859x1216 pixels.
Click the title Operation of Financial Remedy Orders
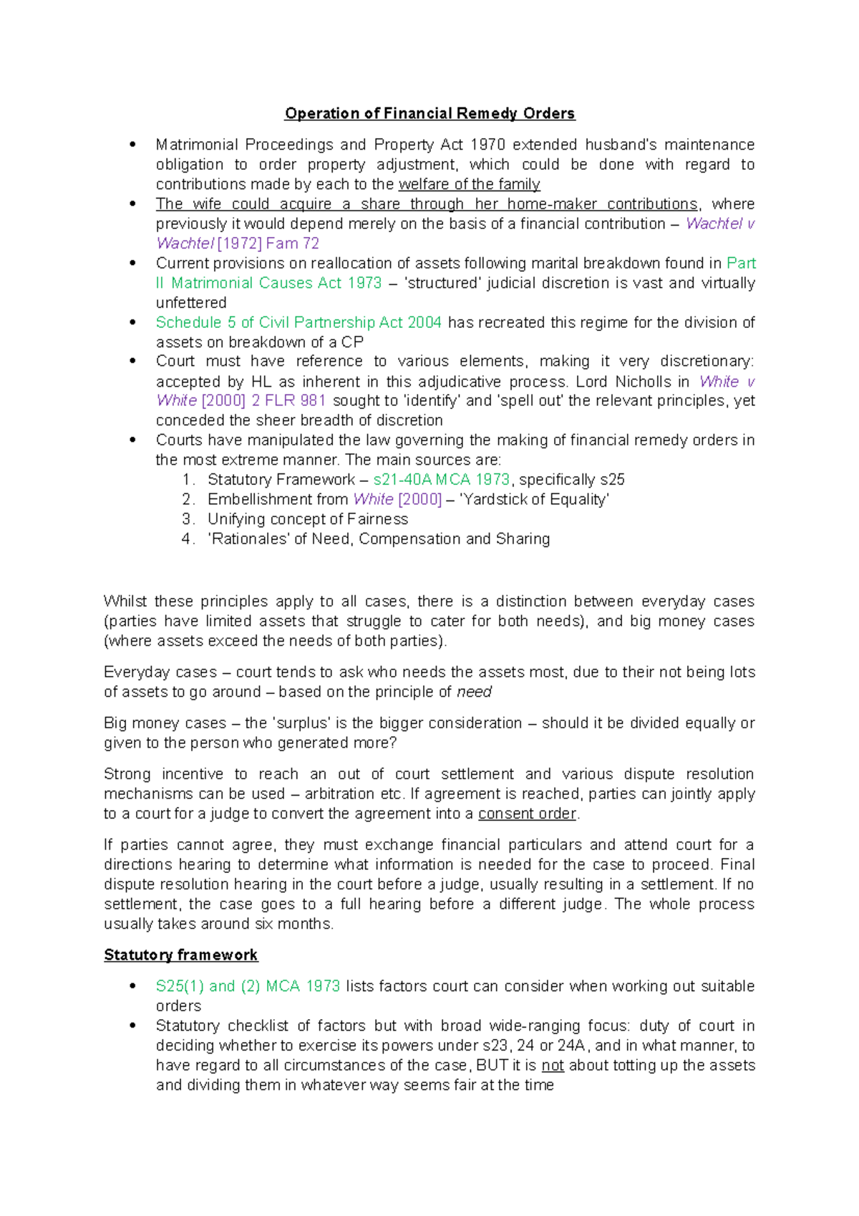(429, 114)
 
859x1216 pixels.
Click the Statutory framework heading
(180, 955)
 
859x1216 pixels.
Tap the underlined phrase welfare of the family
(469, 184)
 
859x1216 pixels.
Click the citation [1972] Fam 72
(268, 243)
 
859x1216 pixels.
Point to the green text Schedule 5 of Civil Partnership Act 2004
(299, 322)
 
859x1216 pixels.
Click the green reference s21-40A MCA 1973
(442, 479)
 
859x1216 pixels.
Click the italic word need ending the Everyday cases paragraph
(474, 692)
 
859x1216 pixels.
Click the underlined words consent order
(527, 814)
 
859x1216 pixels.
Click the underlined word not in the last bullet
(553, 1066)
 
